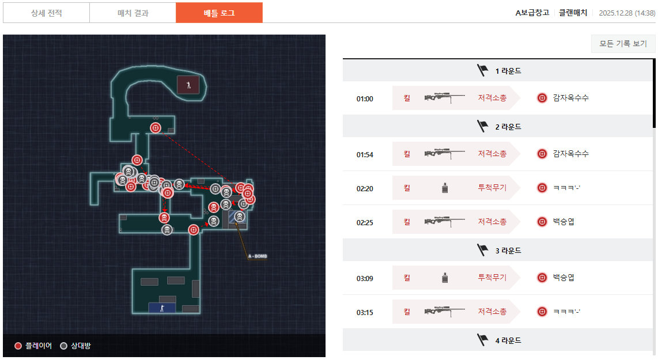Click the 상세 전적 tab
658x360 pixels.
[46, 13]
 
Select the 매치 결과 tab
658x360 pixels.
[133, 13]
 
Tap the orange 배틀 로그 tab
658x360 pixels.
[219, 13]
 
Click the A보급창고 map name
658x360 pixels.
[532, 13]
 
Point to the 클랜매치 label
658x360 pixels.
[573, 13]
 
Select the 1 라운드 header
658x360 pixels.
[499, 71]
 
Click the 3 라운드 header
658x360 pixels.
[499, 251]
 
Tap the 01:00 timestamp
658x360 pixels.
[365, 98]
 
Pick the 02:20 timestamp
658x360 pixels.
[365, 188]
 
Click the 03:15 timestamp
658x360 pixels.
[365, 312]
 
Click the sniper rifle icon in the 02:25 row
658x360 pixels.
[444, 221]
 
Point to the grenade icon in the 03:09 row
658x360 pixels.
[444, 278]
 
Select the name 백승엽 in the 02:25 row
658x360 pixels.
[564, 222]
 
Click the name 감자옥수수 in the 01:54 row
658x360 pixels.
[570, 154]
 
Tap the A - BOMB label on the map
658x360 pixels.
[258, 256]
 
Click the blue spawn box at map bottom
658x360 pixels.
[162, 308]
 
